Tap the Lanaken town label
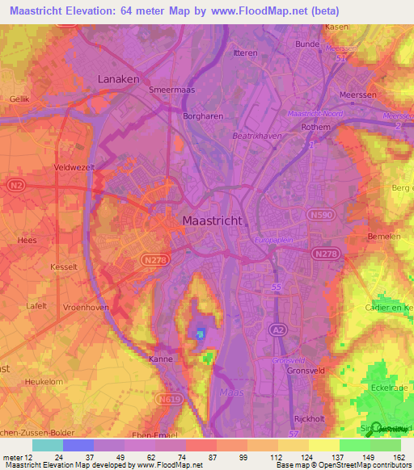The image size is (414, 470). point(118,79)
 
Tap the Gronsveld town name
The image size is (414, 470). point(306,372)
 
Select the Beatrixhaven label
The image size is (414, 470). point(258,136)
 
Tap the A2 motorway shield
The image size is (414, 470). point(276,329)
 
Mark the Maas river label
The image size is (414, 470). point(230,392)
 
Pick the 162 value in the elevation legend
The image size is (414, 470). point(399,456)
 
